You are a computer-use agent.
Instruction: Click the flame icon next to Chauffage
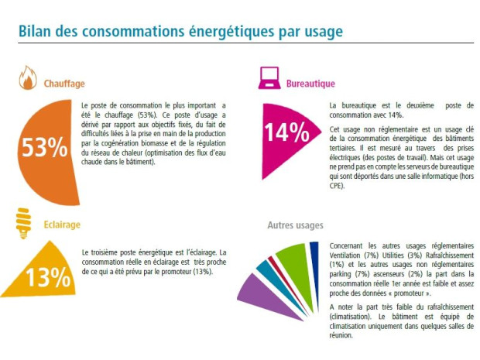(x=28, y=77)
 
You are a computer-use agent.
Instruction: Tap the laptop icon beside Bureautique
(x=269, y=78)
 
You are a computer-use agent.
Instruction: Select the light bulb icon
(x=23, y=223)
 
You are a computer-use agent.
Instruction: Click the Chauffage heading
(x=64, y=84)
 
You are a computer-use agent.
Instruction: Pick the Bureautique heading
(x=310, y=84)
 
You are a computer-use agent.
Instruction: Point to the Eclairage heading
(x=62, y=225)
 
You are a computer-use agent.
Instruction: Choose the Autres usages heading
(x=295, y=225)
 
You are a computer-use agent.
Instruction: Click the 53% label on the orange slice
(x=45, y=147)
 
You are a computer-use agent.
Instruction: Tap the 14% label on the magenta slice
(x=286, y=132)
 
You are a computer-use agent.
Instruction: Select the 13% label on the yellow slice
(x=48, y=277)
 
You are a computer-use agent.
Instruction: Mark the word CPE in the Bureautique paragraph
(x=337, y=186)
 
